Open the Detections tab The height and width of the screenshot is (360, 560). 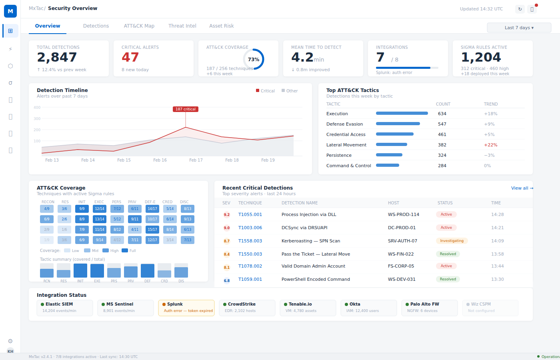tap(96, 26)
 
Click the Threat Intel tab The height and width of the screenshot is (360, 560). tap(182, 26)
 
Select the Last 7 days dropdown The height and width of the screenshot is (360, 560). tap(519, 28)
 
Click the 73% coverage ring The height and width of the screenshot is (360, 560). tap(254, 59)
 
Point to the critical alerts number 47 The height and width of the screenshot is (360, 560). tap(130, 57)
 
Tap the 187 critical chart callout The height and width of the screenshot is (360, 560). tap(185, 109)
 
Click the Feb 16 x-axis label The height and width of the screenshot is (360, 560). tap(160, 160)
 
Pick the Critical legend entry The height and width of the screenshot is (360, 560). tap(265, 91)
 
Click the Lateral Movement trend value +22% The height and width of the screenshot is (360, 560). tap(490, 145)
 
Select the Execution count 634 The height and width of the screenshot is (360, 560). tap(442, 114)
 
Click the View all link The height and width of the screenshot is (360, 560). tap(522, 188)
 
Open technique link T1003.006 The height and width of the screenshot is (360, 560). tap(250, 228)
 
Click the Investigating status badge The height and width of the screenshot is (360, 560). tap(452, 241)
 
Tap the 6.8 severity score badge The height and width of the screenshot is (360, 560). tap(227, 280)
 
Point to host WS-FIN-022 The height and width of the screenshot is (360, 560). tap(400, 254)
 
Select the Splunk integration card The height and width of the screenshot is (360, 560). tap(186, 308)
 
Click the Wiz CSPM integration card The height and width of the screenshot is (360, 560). tap(490, 308)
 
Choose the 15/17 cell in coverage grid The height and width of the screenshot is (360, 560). tap(152, 230)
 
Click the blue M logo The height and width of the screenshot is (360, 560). tap(10, 11)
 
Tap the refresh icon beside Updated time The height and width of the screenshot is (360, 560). tap(520, 9)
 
